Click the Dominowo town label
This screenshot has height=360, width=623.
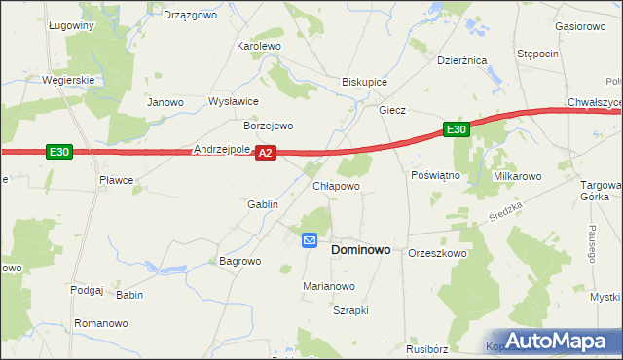pos(361,249)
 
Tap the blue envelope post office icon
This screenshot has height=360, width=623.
pos(310,240)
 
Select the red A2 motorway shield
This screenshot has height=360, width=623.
pos(268,153)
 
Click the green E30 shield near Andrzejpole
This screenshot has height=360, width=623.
pos(58,152)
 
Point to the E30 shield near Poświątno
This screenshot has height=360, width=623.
pos(458,129)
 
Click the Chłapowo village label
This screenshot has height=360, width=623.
pos(336,185)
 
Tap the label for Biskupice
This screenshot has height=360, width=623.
pos(364,83)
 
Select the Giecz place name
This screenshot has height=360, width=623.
pos(391,111)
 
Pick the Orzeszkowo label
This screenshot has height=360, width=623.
pos(438,253)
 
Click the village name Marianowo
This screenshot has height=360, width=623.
pos(329,286)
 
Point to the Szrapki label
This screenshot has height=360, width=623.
pos(350,310)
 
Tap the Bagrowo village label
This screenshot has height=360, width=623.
pos(240,261)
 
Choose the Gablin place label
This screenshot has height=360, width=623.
pos(263,204)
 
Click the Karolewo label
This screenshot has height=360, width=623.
pos(259,46)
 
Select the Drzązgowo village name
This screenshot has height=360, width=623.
pos(188,15)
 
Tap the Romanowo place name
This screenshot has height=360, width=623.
pos(101,322)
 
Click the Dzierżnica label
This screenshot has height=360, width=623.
pos(461,60)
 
